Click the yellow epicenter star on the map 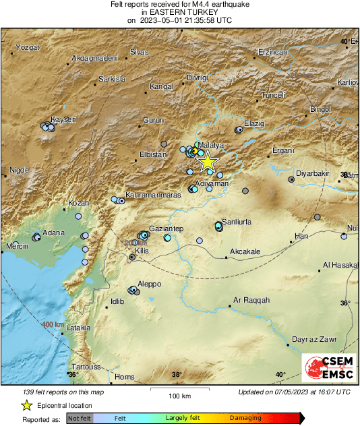click(208, 161)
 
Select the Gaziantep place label click(164, 229)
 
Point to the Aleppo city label click(149, 284)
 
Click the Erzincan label click(273, 52)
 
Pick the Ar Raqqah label click(251, 300)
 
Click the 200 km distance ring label click(134, 243)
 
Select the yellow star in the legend click(26, 405)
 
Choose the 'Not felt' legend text click(80, 419)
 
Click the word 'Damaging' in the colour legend click(245, 419)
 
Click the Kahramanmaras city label click(153, 194)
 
